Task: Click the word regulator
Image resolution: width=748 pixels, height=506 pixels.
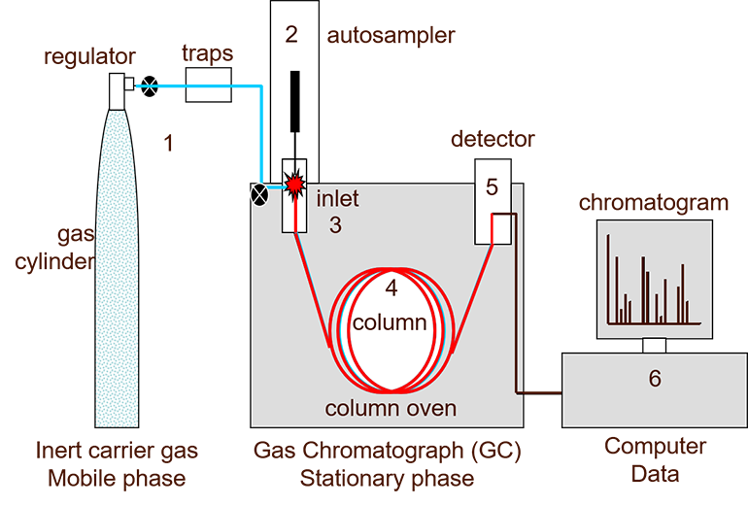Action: point(89,58)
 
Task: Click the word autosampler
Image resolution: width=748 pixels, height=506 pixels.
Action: point(391,37)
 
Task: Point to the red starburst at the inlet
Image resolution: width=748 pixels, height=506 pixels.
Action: point(294,182)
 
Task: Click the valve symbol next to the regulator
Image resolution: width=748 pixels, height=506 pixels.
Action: point(150,86)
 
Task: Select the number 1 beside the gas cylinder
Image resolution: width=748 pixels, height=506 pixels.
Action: point(169,145)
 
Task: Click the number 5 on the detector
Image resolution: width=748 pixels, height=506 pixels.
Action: point(492,186)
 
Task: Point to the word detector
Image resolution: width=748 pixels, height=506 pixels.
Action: point(493,139)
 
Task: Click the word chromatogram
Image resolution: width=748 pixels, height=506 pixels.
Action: point(653,203)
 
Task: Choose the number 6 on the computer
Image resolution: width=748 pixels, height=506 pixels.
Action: point(655,378)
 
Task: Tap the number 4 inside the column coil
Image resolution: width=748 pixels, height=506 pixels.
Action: point(391,288)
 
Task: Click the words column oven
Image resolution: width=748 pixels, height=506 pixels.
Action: point(391,408)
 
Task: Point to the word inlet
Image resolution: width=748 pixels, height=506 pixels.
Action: point(337,200)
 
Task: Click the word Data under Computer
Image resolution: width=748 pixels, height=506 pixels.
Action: point(655,474)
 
